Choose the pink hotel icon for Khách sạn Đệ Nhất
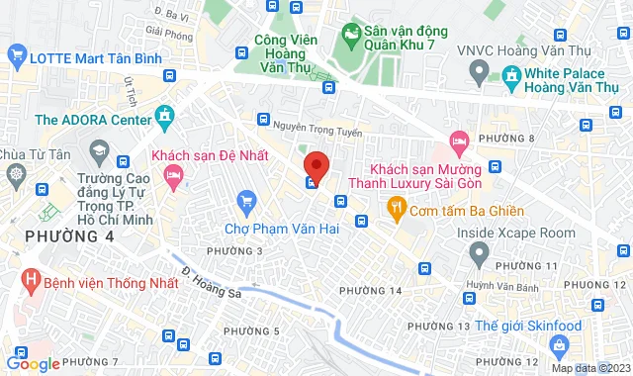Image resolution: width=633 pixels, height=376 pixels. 174,177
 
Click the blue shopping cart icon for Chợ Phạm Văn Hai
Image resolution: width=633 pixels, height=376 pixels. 247,204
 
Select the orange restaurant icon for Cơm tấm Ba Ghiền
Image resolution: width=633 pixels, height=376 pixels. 395,208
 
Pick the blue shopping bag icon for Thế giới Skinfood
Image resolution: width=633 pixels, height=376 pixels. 559,344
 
